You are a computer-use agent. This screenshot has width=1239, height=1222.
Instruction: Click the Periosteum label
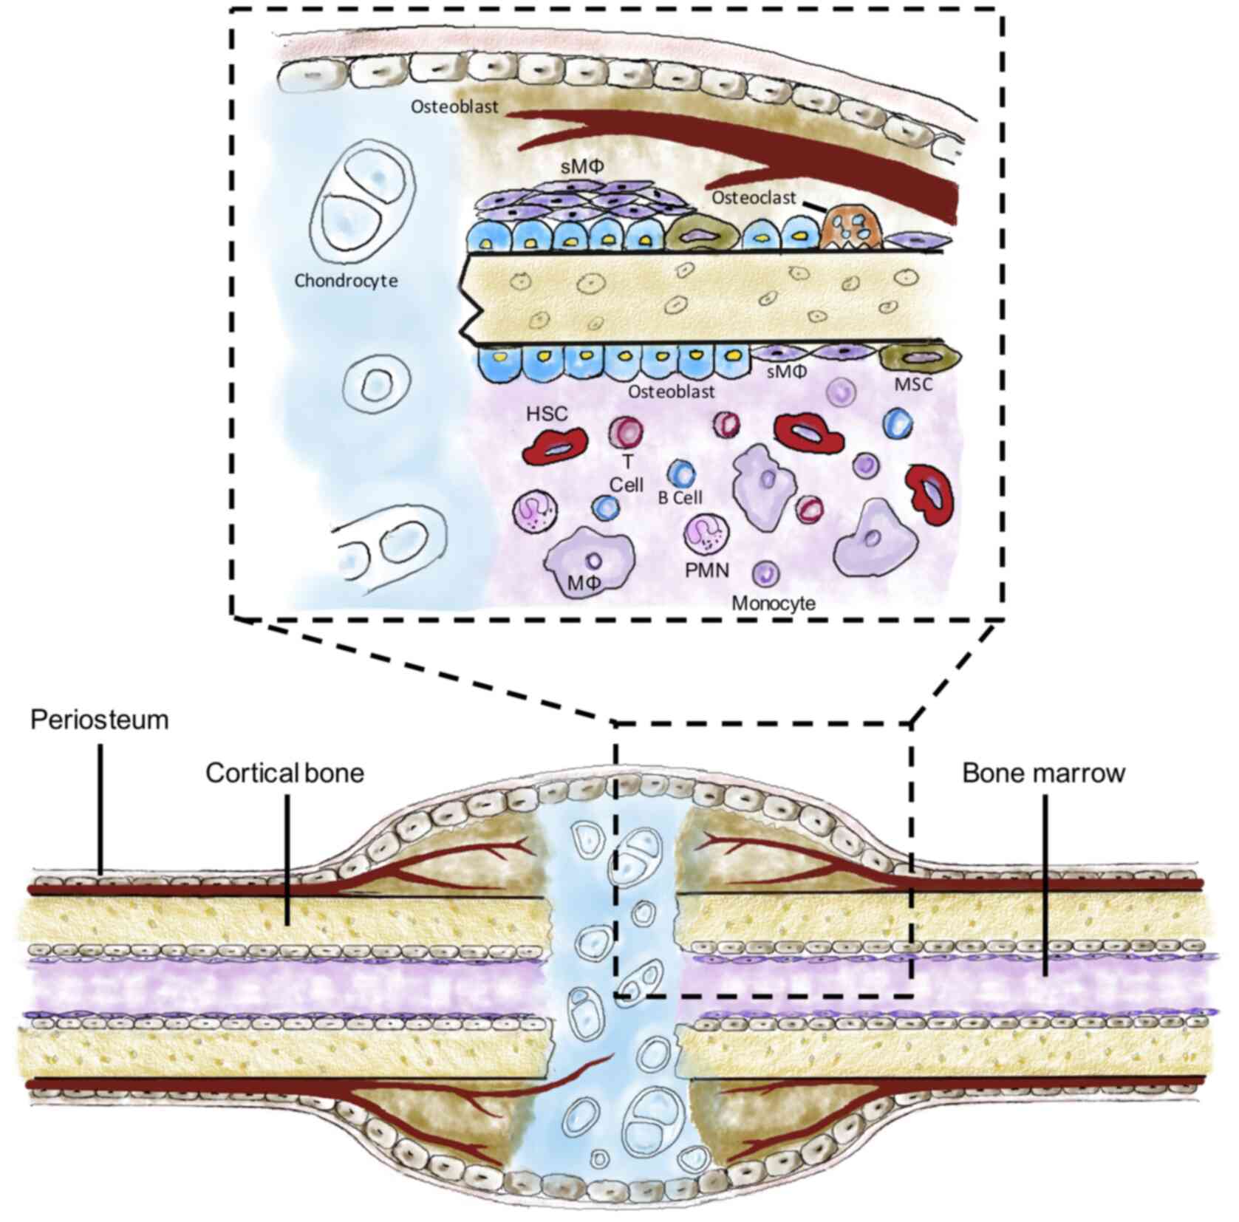coord(99,720)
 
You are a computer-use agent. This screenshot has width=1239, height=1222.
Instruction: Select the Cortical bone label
coord(284,774)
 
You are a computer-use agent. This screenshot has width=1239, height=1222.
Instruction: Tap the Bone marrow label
coord(1043,774)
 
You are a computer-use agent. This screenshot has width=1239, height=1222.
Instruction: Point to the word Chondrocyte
coord(346,281)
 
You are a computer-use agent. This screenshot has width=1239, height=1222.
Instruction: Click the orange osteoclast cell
coord(852,226)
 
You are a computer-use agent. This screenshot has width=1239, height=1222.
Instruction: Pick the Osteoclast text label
coord(754,198)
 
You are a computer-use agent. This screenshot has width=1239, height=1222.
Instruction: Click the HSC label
coord(547,414)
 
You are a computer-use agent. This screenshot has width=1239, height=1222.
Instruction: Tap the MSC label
coord(913,384)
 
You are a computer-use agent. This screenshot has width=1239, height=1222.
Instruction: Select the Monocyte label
coord(774,603)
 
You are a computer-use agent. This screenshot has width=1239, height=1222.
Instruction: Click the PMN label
coord(707,570)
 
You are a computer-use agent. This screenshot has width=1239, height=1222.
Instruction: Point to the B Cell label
coord(680,498)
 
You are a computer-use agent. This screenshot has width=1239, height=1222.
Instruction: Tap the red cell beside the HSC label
coord(555,446)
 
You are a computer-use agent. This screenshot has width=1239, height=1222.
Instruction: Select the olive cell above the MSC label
coord(919,358)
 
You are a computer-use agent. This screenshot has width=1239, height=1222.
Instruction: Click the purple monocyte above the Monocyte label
coord(766,573)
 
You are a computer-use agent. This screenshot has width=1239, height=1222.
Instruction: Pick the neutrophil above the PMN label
coord(706,533)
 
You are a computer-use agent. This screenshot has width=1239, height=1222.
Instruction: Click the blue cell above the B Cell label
coord(681,474)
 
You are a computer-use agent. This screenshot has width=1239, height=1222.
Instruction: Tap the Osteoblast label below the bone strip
coord(671,392)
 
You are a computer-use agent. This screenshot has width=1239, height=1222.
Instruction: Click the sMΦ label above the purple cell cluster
coord(581,167)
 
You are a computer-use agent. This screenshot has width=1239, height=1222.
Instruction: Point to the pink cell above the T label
coord(626,432)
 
